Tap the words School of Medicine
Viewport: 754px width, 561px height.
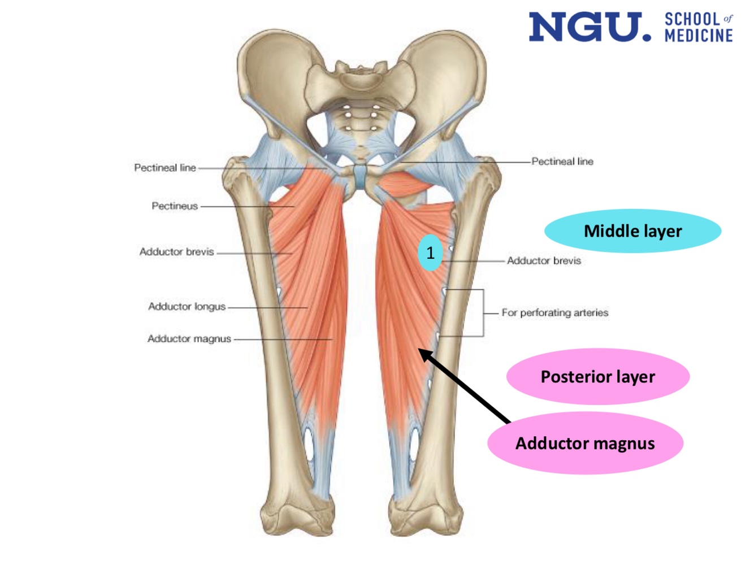(699, 28)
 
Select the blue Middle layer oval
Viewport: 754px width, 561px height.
(632, 231)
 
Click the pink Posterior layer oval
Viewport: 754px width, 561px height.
(597, 377)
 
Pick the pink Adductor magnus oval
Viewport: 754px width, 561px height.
(585, 443)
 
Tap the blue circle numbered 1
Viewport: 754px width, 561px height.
(430, 253)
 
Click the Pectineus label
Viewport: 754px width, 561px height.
(175, 206)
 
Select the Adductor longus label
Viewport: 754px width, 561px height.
(187, 307)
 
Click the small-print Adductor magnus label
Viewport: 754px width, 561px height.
(189, 339)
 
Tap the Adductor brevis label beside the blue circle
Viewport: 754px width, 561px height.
(544, 261)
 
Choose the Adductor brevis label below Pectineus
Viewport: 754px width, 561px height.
(176, 252)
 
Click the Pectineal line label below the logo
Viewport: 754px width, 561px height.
(562, 162)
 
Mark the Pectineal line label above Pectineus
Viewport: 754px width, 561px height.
(164, 168)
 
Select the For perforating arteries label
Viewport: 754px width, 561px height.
(554, 313)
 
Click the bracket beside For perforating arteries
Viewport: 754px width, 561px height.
(483, 313)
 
